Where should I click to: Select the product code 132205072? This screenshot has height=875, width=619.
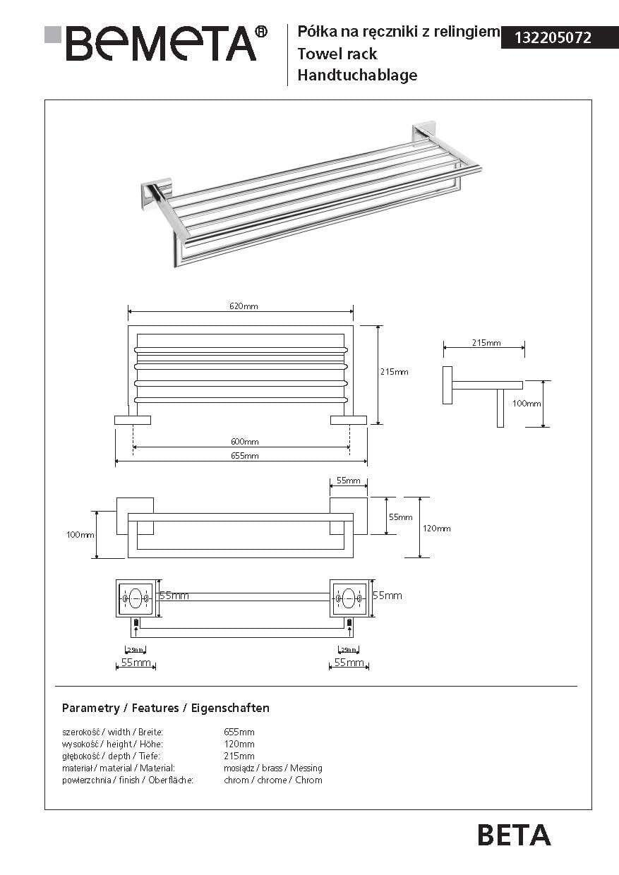[x=553, y=38]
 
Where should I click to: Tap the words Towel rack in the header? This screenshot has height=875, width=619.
[x=337, y=54]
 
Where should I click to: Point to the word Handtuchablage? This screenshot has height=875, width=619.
[x=357, y=75]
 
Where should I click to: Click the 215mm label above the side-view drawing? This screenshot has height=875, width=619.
[x=486, y=343]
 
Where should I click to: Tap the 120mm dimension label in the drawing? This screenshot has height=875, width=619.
[x=436, y=529]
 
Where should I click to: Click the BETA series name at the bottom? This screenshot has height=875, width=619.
[x=514, y=835]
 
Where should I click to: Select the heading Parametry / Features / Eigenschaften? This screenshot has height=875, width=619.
[x=166, y=708]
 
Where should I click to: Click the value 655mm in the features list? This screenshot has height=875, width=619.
[x=239, y=732]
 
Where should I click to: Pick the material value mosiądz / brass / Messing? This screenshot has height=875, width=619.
[x=272, y=768]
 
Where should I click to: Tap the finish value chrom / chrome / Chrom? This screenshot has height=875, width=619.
[x=272, y=780]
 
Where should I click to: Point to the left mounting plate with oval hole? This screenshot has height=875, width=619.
[x=135, y=598]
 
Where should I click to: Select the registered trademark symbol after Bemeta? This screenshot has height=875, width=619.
[x=260, y=32]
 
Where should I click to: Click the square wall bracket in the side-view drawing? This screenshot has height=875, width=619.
[x=447, y=385]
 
